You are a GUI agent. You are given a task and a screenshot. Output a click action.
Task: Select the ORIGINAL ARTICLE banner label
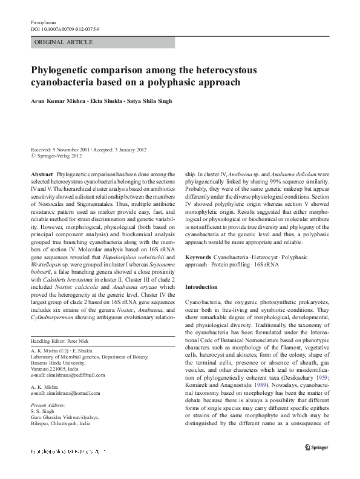pyautogui.click(x=64, y=42)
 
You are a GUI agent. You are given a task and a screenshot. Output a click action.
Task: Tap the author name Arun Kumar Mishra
pyautogui.click(x=59, y=101)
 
